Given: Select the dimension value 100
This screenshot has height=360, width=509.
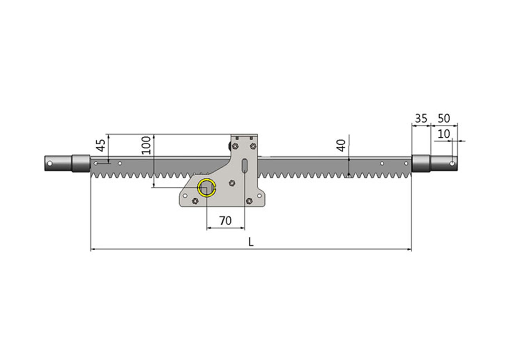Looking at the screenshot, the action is pyautogui.click(x=146, y=146).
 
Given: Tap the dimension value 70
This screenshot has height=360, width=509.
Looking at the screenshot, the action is pyautogui.click(x=225, y=220).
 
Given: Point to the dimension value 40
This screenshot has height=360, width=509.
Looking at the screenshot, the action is pyautogui.click(x=341, y=146).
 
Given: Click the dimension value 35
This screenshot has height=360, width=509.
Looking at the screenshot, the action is pyautogui.click(x=421, y=119).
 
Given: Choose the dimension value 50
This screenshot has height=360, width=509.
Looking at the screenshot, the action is pyautogui.click(x=444, y=119).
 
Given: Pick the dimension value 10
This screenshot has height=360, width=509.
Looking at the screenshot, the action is pyautogui.click(x=444, y=134).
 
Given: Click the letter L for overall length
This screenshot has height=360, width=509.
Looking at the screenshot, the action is pyautogui.click(x=251, y=242).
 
